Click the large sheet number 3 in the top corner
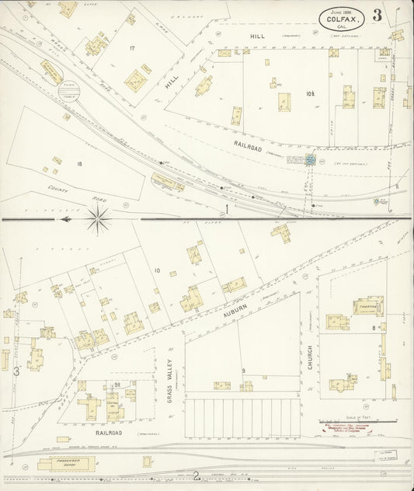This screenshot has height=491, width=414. pos(377,16)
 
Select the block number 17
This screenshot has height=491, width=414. pos(132,49)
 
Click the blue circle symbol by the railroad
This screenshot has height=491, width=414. pos(311,159)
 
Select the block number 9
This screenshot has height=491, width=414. pos(243,371)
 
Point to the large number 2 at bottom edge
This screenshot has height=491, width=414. pos(197,475)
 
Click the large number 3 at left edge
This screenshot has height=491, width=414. pos(16,371)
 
